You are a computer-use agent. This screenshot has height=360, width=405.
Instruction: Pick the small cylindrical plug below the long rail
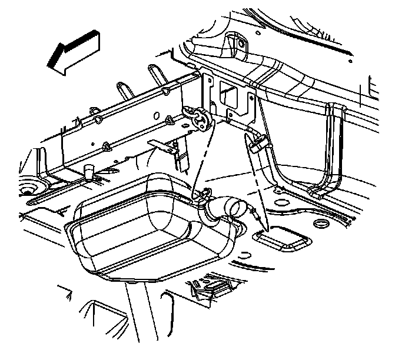tap(89, 172)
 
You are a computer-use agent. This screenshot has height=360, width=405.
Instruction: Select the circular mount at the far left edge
tap(27, 190)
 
